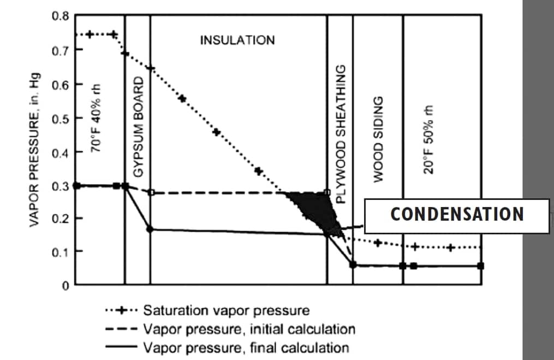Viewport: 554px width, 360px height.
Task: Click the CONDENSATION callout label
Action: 457,214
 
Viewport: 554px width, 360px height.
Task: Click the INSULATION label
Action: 237,40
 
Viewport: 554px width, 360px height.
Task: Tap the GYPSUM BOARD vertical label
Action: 139,127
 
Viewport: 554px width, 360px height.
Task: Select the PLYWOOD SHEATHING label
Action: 340,134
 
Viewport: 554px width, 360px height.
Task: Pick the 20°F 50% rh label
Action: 430,139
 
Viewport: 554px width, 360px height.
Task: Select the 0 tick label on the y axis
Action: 64,285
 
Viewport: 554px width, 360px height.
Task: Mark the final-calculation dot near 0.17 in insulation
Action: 150,229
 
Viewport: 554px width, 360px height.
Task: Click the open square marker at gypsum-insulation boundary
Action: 151,192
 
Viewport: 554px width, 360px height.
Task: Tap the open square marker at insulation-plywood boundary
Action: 327,192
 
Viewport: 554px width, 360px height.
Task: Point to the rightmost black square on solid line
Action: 481,266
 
